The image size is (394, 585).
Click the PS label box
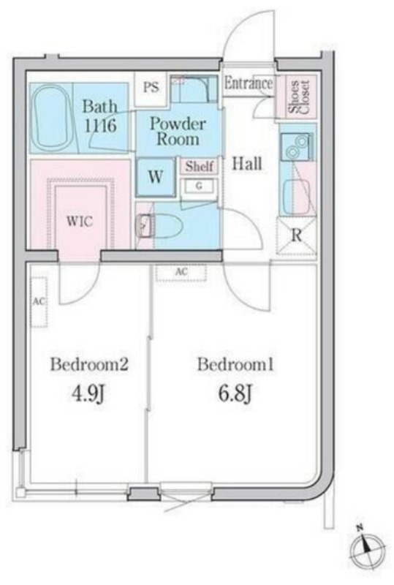151,88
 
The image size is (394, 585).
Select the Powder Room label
178,132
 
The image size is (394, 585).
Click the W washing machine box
155,177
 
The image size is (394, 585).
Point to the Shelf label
200,167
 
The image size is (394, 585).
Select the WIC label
80,222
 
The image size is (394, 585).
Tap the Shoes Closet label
298,97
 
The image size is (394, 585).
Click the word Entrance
248,83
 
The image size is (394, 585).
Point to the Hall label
247,163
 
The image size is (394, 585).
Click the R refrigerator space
296,235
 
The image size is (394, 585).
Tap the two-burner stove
297,147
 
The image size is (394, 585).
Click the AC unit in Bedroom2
39,302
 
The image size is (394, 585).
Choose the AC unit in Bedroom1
181,272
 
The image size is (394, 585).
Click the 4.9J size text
89,393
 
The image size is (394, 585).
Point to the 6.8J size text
235,393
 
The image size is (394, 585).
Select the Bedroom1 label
235,364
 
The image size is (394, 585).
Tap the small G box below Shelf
199,186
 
